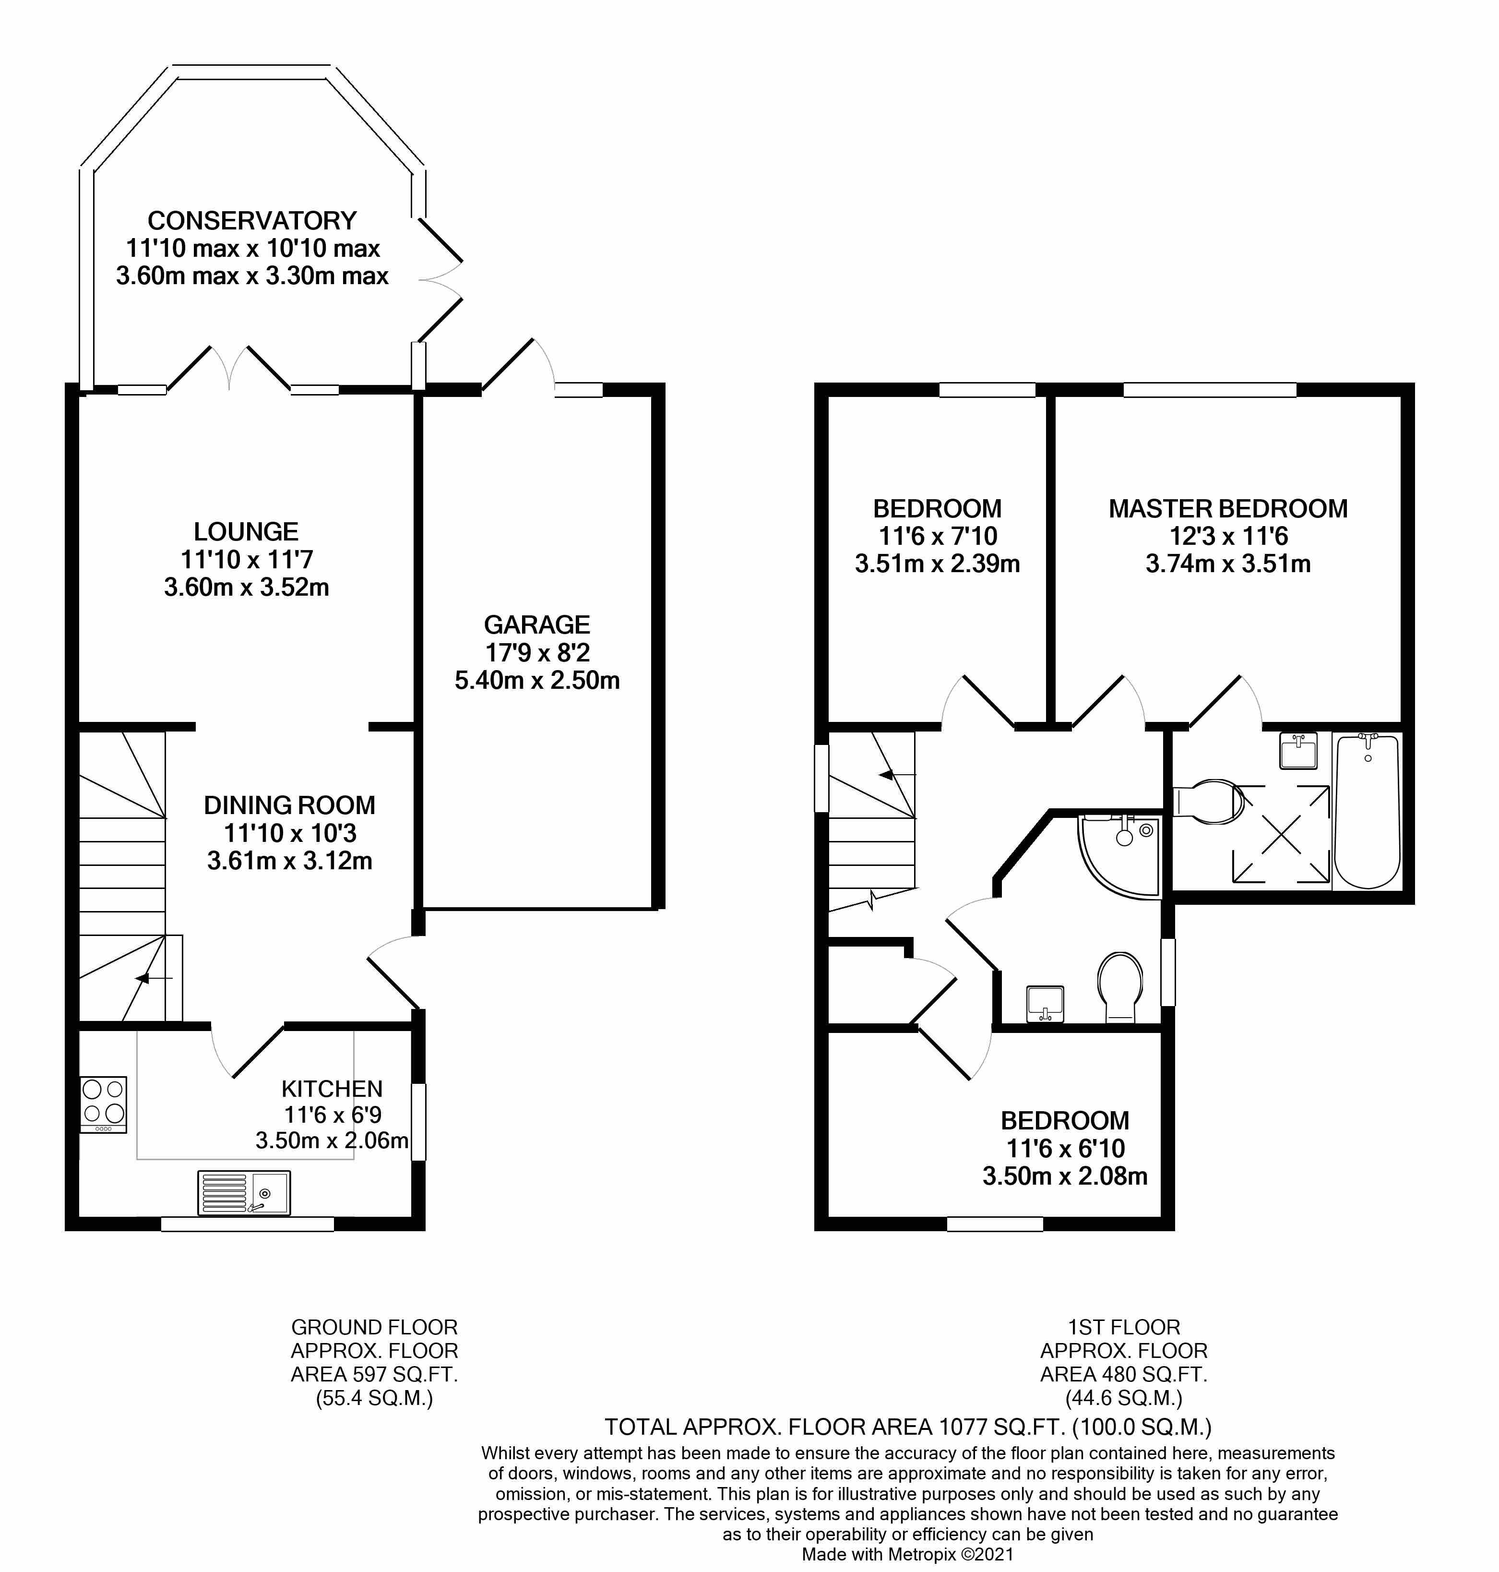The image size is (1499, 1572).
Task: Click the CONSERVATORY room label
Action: click(x=252, y=221)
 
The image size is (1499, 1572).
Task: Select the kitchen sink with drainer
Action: click(x=244, y=1193)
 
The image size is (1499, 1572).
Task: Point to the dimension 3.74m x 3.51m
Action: click(x=1227, y=564)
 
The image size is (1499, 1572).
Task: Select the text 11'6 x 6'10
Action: click(x=1065, y=1149)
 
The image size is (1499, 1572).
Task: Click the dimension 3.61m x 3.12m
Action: click(x=289, y=861)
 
